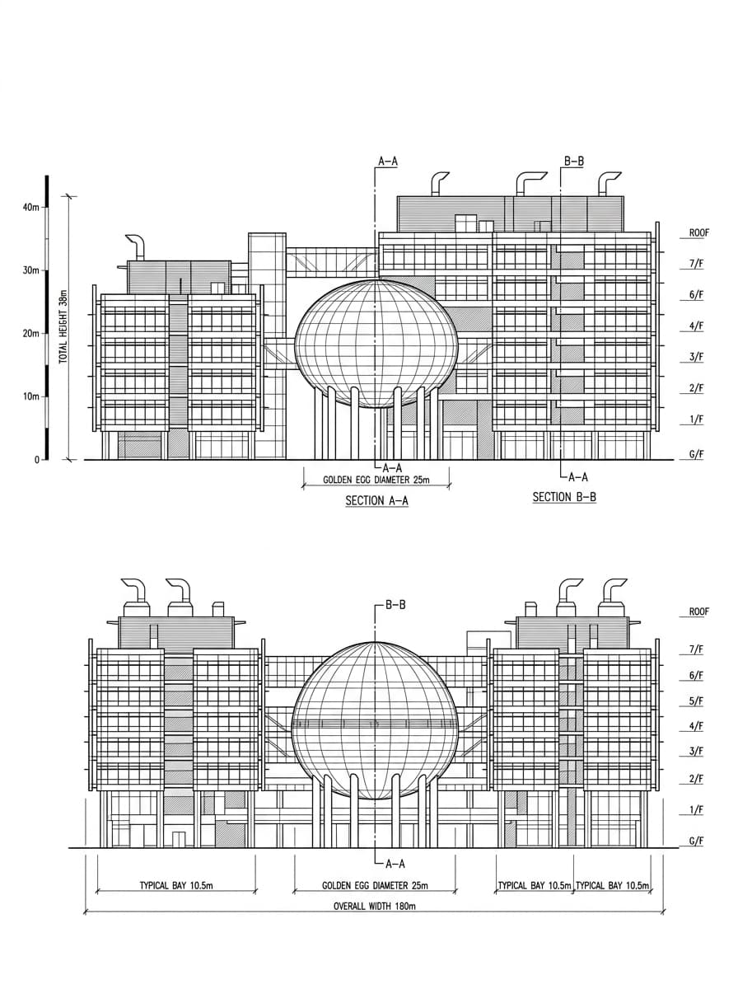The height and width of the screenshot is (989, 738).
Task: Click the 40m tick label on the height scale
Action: [30, 208]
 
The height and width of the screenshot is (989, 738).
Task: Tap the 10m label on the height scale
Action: [30, 396]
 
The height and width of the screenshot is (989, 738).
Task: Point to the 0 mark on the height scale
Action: [37, 460]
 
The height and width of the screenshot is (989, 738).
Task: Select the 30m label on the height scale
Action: [30, 270]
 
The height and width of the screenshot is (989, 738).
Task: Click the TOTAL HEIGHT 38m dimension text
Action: [63, 326]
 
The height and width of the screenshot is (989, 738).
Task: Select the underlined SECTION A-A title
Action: [377, 500]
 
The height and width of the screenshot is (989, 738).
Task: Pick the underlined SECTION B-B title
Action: [564, 497]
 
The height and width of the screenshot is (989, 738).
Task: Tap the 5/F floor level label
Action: [696, 701]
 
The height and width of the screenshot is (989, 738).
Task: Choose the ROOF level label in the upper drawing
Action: [698, 233]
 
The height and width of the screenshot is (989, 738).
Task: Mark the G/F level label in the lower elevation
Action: [696, 841]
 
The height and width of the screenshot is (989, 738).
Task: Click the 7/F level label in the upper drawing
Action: [696, 264]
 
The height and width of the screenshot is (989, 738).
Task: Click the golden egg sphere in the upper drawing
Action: [376, 345]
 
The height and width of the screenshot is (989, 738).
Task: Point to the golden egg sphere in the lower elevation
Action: [375, 720]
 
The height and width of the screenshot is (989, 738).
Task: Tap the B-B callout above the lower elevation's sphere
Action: [395, 605]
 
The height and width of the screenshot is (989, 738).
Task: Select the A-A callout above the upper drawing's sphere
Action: [388, 162]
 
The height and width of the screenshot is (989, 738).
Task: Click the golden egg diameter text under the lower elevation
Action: [375, 885]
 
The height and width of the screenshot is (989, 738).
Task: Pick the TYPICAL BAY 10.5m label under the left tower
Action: [176, 885]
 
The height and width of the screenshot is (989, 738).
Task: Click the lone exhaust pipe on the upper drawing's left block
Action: [137, 247]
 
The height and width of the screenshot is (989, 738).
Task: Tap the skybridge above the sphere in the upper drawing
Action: [332, 262]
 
